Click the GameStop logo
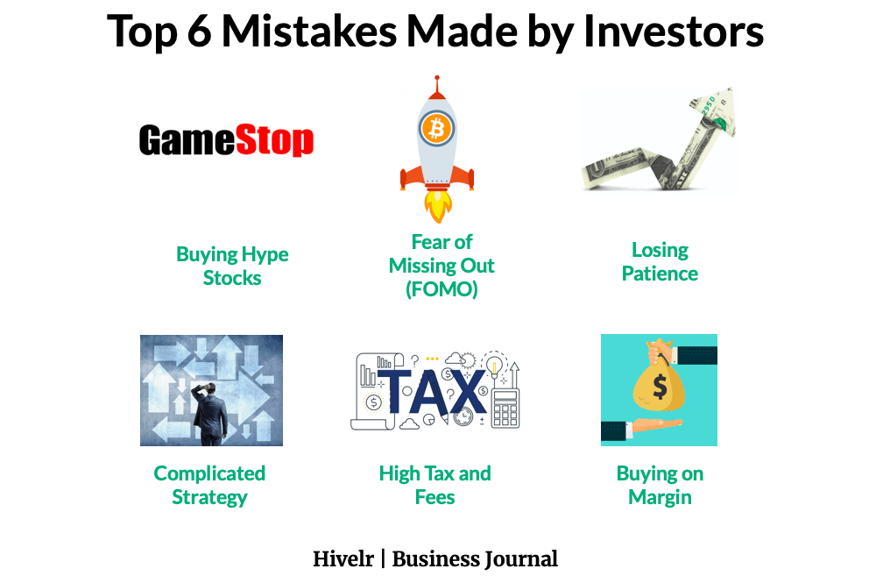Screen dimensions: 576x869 tap(226, 141)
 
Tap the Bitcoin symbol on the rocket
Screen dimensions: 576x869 tap(435, 130)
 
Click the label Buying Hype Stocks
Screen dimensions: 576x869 tap(232, 266)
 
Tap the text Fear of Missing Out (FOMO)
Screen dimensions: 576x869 tap(442, 265)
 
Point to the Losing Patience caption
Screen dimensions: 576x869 tap(660, 261)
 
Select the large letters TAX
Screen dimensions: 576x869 tap(431, 391)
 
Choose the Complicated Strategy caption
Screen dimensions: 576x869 tap(209, 485)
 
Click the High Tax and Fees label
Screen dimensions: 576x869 tap(434, 485)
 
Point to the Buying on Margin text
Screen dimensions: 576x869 tap(660, 485)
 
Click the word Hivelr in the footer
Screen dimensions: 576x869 tap(343, 558)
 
